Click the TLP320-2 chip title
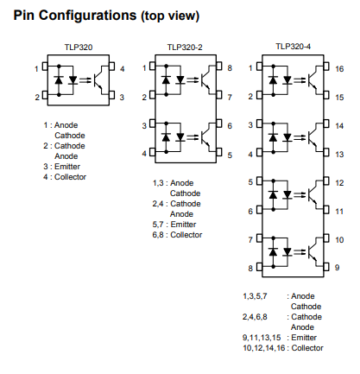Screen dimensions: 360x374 click(185, 47)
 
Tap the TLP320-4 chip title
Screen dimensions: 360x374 click(294, 47)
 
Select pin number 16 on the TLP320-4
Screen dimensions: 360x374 click(339, 69)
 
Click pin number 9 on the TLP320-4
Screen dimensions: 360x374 click(338, 268)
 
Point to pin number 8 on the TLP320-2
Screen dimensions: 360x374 click(230, 68)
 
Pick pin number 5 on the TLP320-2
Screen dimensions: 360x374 click(230, 155)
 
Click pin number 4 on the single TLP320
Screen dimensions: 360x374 click(123, 69)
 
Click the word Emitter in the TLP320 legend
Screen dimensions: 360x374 click(67, 167)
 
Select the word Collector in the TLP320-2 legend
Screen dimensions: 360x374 click(186, 235)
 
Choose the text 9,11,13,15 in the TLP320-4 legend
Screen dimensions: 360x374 click(262, 338)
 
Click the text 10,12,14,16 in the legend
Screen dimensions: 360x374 click(264, 348)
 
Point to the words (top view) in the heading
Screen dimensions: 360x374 click(170, 16)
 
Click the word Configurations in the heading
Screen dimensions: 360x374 click(88, 16)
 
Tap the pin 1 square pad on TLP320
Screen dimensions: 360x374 click(45, 67)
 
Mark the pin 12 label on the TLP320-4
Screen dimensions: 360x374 click(339, 183)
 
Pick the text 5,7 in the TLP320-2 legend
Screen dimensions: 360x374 click(158, 225)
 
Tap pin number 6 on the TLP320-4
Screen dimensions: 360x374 click(250, 212)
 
